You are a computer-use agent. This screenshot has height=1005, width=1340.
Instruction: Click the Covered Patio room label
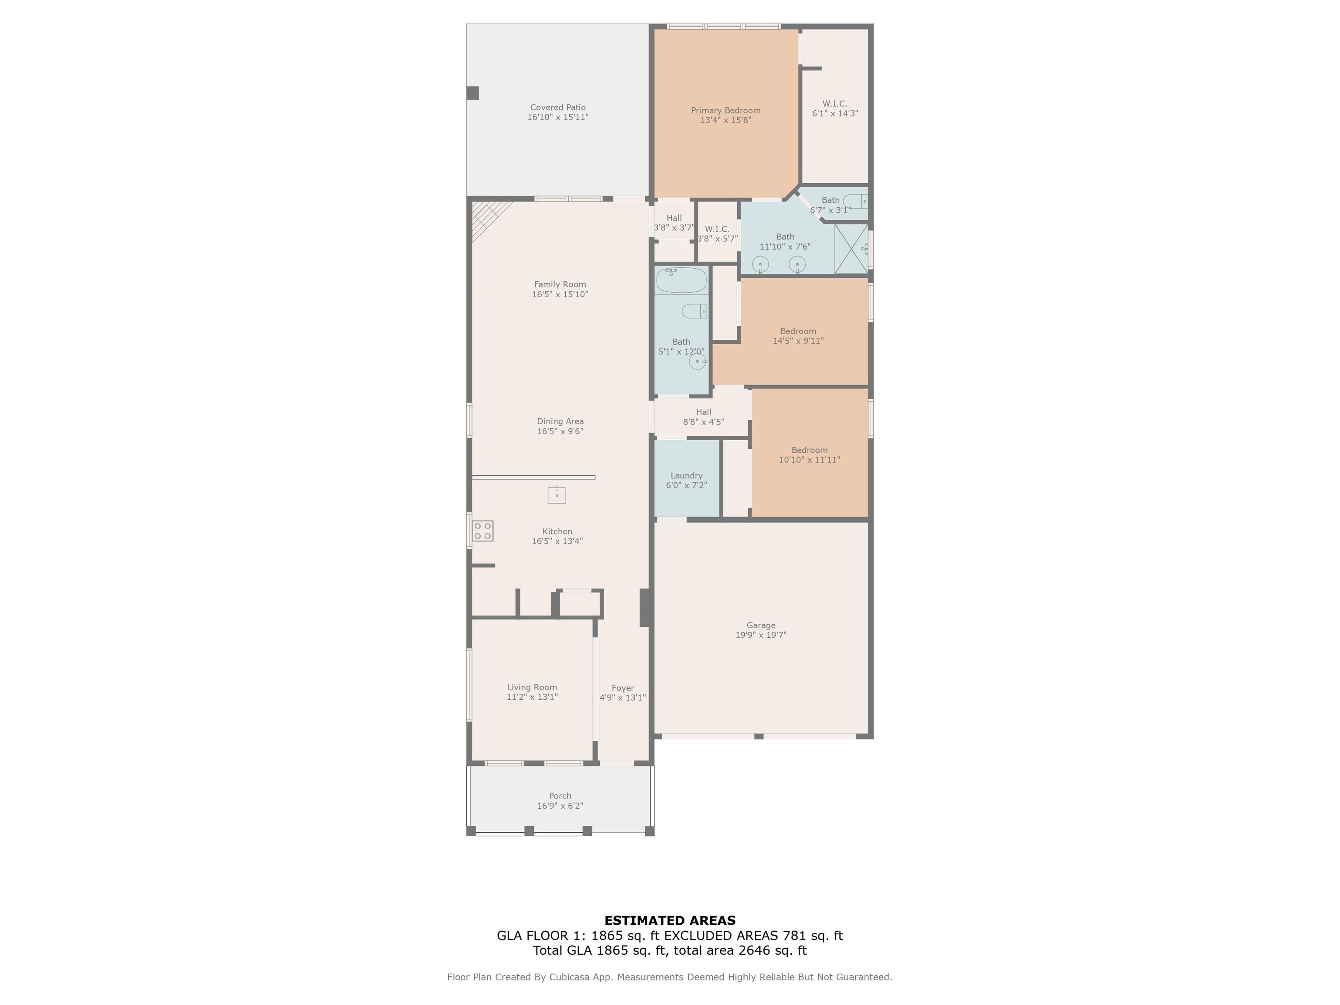coord(558,107)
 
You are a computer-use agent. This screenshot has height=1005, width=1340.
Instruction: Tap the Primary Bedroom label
coord(726,110)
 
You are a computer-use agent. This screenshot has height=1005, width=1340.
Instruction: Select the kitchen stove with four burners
coord(483,531)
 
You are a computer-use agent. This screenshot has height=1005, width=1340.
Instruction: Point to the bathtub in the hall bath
coord(681,280)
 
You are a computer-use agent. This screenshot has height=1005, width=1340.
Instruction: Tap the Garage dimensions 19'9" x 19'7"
coord(761,635)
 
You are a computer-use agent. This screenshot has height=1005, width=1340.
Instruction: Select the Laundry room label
coord(686,475)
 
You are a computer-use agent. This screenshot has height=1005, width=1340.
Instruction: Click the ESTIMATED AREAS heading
coord(670,921)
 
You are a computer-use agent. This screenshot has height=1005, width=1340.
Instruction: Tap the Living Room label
coord(532,687)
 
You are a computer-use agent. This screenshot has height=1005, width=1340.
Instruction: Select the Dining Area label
coord(561,421)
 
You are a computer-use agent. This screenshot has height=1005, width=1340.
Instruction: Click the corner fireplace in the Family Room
coord(488,218)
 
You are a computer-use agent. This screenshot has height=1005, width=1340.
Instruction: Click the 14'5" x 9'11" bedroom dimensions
coord(798,341)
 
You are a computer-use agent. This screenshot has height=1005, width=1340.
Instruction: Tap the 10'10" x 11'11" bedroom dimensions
coord(809,460)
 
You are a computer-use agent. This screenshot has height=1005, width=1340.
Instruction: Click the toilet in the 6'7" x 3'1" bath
coord(855,201)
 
